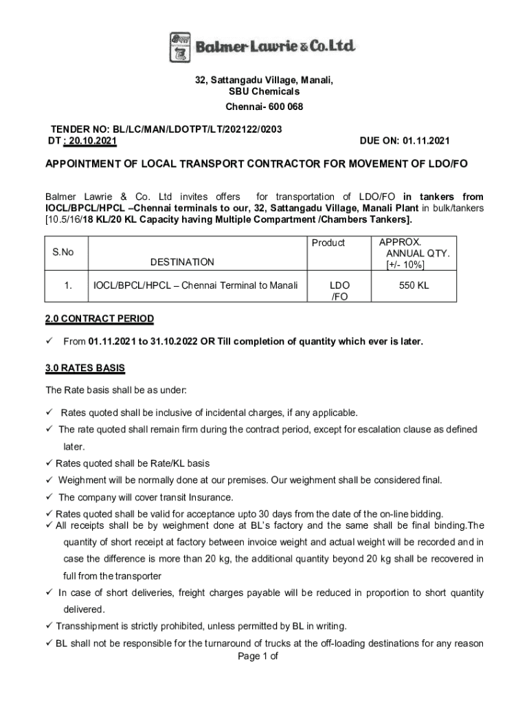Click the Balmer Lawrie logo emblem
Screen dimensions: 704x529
pos(180,47)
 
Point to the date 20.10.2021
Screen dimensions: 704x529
pos(91,141)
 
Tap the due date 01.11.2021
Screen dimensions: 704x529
pos(425,141)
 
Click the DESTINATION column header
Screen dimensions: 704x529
pos(182,262)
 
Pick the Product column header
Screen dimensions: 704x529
pos(328,243)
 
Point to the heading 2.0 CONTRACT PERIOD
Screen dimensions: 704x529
pos(100,319)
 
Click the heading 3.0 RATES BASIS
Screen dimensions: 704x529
pos(85,368)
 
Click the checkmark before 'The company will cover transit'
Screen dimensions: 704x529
pos(49,497)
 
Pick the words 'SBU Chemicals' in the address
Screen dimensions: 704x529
pos(264,91)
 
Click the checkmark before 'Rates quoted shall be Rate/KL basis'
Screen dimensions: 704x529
pos(49,463)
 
